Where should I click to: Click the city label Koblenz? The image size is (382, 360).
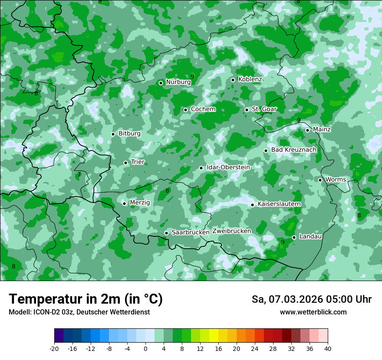click(250, 79)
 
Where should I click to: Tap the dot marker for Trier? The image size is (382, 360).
click(125, 163)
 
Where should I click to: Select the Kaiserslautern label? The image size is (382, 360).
click(279, 204)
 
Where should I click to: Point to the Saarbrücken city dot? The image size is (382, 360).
click(166, 233)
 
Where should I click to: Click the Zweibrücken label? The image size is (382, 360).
click(231, 231)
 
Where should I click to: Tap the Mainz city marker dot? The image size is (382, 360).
click(307, 130)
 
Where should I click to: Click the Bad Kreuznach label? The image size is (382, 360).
click(293, 150)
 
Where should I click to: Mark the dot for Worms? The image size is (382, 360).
click(320, 180)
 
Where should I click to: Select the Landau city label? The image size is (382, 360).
click(310, 236)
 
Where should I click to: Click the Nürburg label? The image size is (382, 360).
click(178, 82)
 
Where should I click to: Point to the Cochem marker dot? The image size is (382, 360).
click(185, 110)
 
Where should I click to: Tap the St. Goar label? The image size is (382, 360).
click(264, 109)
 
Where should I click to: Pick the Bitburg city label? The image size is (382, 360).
click(129, 134)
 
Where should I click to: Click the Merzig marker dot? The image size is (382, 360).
click(124, 203)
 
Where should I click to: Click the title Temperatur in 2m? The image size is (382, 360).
click(86, 299)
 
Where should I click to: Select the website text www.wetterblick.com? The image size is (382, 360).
click(313, 312)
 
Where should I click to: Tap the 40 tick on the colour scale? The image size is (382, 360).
click(328, 348)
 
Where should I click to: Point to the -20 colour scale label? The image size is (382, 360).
click(54, 348)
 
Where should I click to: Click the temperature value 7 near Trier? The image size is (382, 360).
click(79, 175)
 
